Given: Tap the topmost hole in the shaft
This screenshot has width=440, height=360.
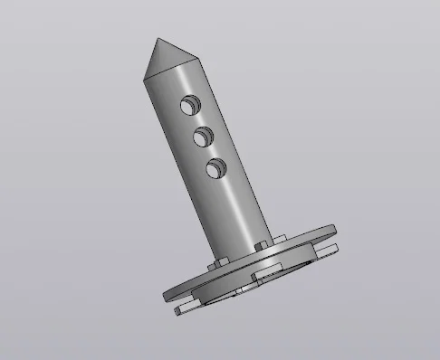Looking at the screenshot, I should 189,106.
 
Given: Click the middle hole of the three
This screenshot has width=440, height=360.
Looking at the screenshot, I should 202,137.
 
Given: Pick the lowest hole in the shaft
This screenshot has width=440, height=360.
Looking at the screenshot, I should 215,167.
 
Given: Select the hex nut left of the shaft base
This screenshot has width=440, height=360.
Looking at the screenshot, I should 216,263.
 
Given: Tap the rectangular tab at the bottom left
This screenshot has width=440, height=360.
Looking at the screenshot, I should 186,309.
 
